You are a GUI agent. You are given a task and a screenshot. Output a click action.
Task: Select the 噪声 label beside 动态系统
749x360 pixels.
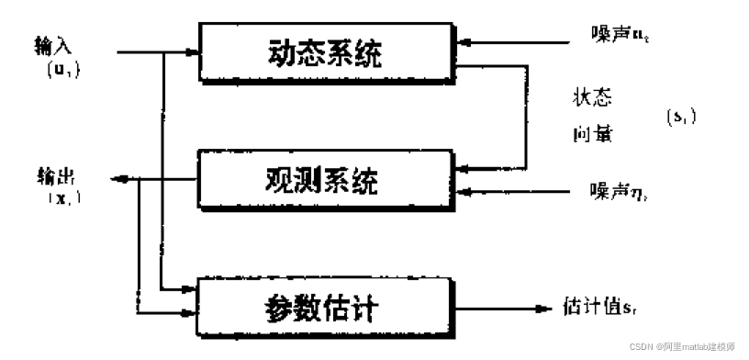click(x=616, y=39)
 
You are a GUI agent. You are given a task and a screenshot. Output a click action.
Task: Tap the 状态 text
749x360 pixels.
click(x=587, y=97)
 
